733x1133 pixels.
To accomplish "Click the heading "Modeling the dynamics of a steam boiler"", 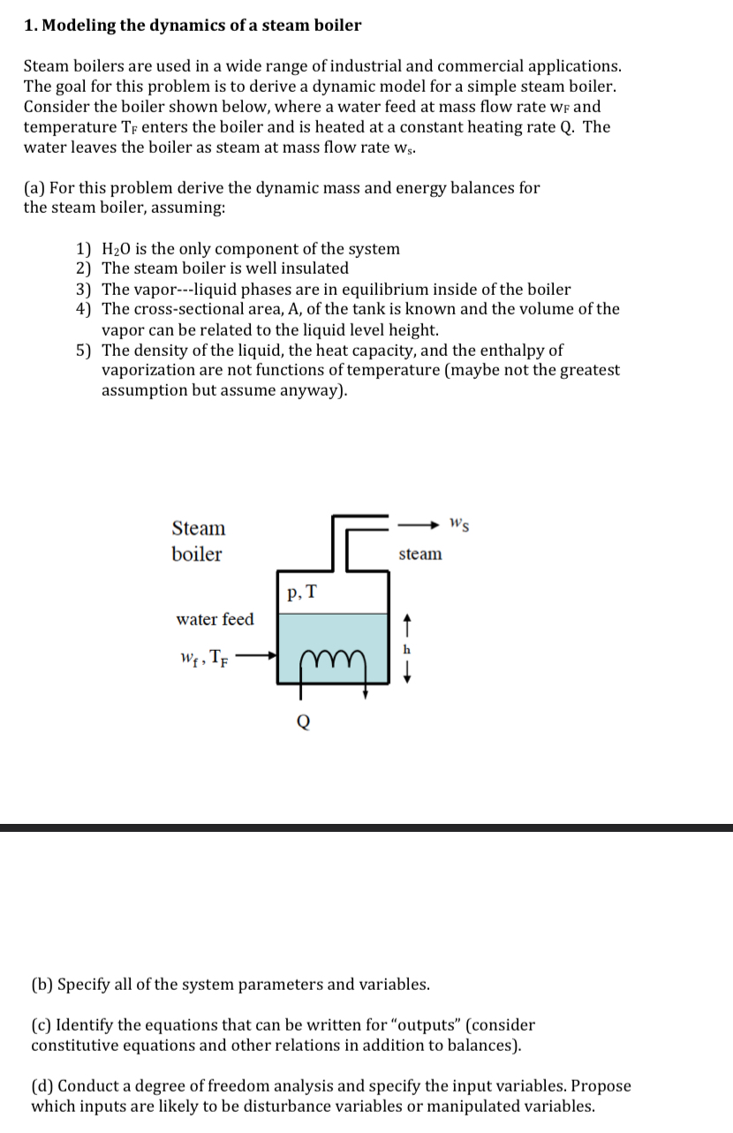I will (201, 25).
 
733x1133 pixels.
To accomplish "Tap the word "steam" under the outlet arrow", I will (420, 554).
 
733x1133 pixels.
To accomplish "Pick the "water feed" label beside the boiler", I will (215, 619).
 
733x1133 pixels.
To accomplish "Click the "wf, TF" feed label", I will (205, 658).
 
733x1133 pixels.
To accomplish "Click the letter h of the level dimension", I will (406, 649).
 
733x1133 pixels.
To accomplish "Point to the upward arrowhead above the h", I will (406, 623).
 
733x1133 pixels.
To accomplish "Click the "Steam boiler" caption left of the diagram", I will (198, 541).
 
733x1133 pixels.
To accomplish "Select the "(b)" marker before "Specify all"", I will (42, 983).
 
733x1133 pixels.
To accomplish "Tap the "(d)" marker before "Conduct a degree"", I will (42, 1085).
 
